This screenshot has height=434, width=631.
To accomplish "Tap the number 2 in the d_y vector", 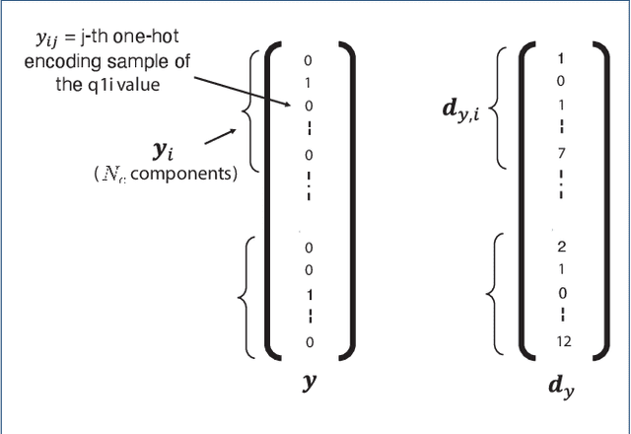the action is [561, 247].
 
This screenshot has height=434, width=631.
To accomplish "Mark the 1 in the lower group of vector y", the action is [309, 294].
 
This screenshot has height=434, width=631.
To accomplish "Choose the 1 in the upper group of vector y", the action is [309, 84].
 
